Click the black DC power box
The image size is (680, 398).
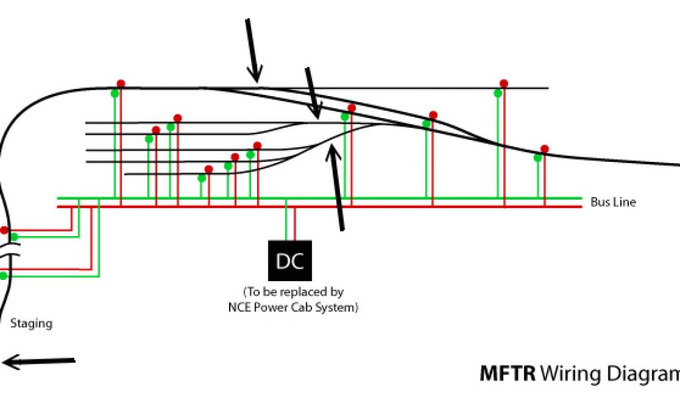tap(290, 260)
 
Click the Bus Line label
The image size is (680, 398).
tap(613, 202)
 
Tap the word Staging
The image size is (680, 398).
tap(31, 324)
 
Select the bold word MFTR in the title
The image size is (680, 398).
tap(508, 374)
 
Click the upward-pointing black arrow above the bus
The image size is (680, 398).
tap(336, 186)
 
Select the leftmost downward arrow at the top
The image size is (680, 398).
tap(254, 50)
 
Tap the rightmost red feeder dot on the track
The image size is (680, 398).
tap(545, 149)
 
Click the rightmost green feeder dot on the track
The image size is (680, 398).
tap(538, 158)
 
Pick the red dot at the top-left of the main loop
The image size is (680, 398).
tap(121, 84)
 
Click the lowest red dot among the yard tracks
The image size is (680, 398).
tap(209, 169)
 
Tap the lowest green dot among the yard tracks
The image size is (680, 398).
tap(201, 178)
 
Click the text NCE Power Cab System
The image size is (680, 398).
tap(292, 308)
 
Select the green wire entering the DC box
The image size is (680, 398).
tap(286, 222)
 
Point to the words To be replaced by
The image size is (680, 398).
tap(294, 292)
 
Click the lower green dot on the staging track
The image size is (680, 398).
tap(3, 275)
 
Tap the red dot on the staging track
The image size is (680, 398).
tap(4, 230)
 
